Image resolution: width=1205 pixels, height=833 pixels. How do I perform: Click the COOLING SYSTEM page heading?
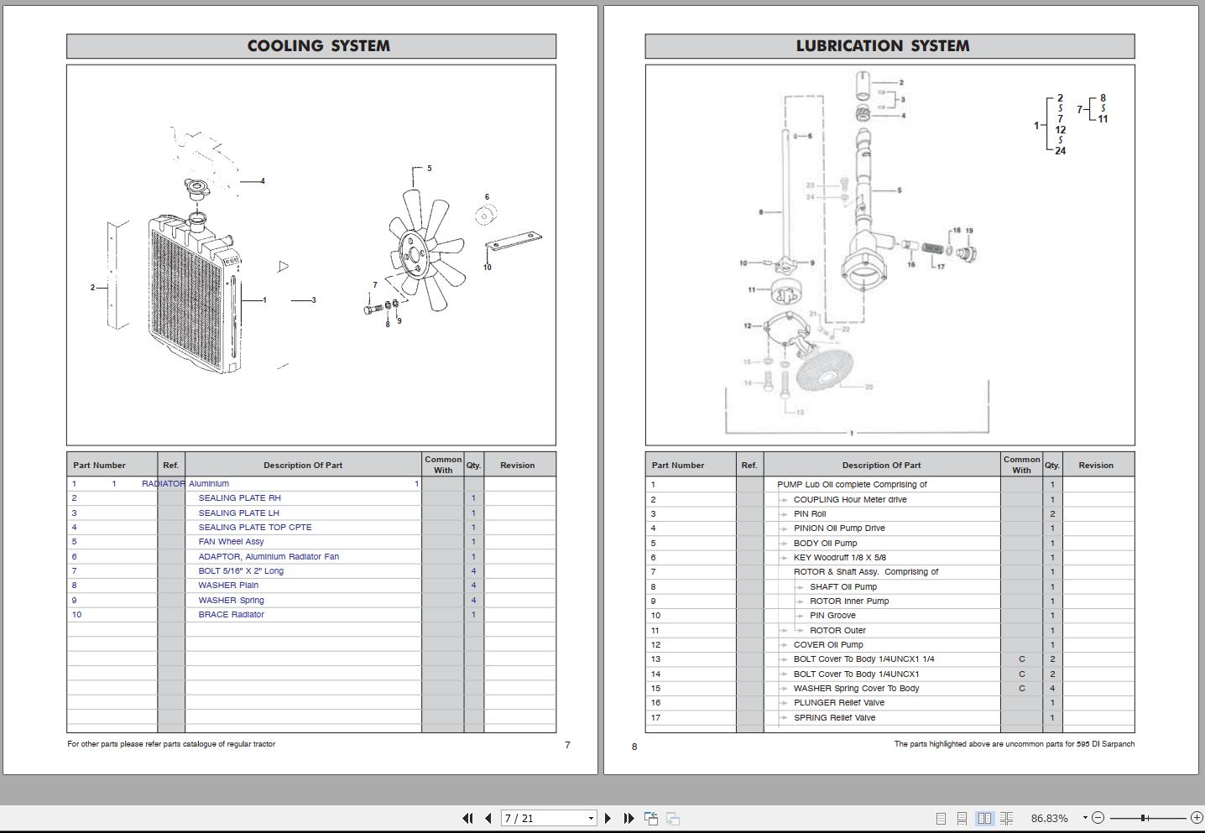(x=318, y=46)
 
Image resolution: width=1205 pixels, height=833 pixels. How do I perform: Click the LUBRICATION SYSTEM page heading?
(x=882, y=46)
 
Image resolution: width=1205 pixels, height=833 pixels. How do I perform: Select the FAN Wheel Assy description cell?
(x=231, y=542)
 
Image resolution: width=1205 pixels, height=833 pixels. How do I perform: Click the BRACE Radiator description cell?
(x=231, y=615)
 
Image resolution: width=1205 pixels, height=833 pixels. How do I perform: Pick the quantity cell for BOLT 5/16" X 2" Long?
(x=473, y=571)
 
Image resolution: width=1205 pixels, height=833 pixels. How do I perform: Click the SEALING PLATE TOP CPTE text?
(x=254, y=528)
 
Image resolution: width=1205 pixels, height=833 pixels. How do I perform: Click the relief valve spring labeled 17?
(x=932, y=248)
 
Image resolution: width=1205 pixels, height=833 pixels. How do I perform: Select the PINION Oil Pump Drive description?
(x=838, y=528)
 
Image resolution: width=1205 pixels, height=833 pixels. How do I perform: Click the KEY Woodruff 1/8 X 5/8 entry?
(x=839, y=558)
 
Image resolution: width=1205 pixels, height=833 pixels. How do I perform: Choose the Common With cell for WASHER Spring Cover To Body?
(x=1021, y=689)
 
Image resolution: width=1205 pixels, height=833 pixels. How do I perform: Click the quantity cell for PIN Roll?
(x=1052, y=514)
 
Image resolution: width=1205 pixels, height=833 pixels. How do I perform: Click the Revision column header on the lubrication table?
(x=1096, y=465)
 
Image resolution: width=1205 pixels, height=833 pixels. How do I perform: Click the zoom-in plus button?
(x=1197, y=818)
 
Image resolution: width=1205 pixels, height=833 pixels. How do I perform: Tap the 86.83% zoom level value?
(x=1049, y=818)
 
